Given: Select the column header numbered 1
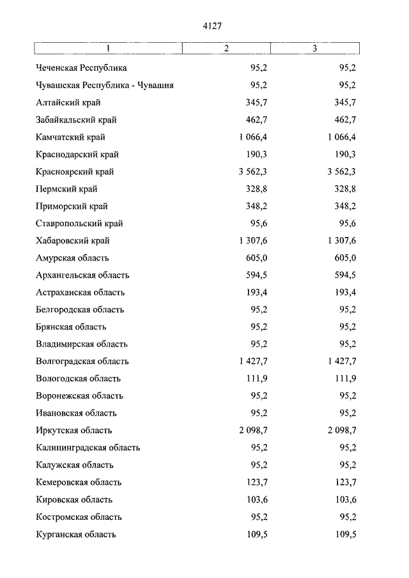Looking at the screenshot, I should (x=108, y=49).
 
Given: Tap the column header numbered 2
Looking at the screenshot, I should (x=226, y=49).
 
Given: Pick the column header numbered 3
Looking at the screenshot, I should (x=314, y=49).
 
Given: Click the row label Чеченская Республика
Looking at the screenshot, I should (x=82, y=68).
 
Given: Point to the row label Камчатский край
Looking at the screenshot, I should (x=71, y=137).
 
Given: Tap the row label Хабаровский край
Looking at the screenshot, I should (x=73, y=241).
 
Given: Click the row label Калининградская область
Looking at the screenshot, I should (x=88, y=448).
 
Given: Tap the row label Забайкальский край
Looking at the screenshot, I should (x=77, y=119).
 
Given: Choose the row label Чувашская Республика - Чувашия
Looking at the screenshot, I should (x=105, y=85).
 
